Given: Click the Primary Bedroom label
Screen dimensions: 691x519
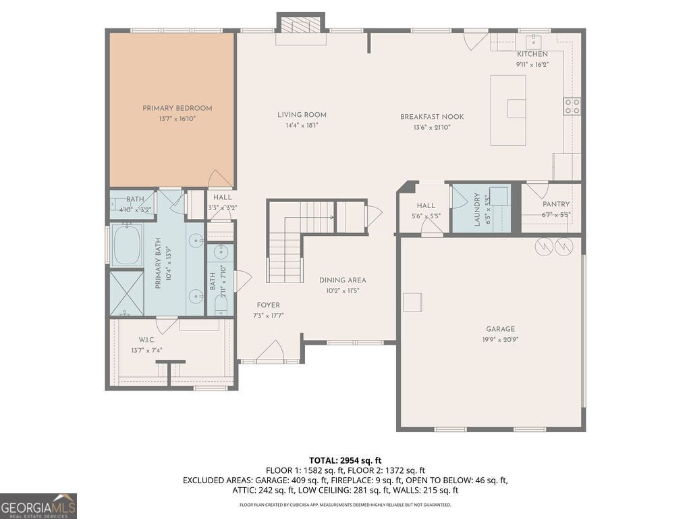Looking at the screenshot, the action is [x=177, y=108].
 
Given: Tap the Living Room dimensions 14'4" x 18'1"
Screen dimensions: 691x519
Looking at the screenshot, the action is [x=302, y=125].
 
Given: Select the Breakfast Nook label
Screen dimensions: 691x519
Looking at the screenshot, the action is [x=432, y=117].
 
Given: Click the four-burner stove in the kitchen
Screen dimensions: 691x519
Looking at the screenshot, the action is [x=572, y=106].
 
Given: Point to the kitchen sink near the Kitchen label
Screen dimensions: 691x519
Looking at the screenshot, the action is [x=533, y=41].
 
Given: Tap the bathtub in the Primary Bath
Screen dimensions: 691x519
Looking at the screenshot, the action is [x=127, y=245].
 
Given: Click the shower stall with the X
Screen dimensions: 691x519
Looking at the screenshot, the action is [x=126, y=293].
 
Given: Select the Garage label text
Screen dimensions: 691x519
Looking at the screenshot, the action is [x=500, y=329].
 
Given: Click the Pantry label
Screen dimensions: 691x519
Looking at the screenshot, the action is [x=556, y=204].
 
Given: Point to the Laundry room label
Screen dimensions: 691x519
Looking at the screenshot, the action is [x=477, y=209].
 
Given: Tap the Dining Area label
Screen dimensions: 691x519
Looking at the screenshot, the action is [x=342, y=280].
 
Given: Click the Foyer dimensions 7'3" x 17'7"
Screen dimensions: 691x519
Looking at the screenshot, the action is [x=268, y=316].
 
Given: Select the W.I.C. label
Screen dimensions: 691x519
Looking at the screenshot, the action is [x=146, y=339].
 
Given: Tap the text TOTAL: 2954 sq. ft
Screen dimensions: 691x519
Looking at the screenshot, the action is [x=345, y=461].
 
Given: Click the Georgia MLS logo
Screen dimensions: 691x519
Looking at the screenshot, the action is [x=38, y=505].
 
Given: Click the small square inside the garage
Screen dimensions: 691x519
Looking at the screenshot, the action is [x=412, y=302].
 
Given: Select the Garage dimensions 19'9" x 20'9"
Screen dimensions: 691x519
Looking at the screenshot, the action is [x=500, y=340].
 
